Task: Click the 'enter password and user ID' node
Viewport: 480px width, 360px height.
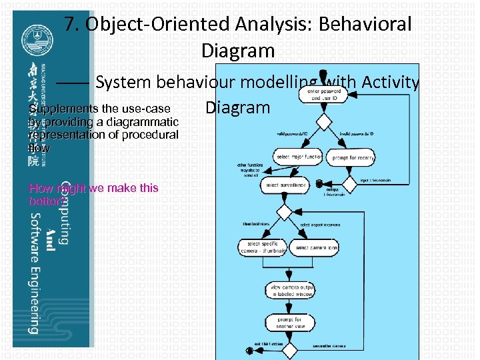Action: pyautogui.click(x=323, y=94)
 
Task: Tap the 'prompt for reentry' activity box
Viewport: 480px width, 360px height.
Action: pyautogui.click(x=351, y=157)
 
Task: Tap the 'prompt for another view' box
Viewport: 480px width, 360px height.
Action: pyautogui.click(x=289, y=323)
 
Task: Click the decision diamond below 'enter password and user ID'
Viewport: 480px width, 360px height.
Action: pyautogui.click(x=323, y=123)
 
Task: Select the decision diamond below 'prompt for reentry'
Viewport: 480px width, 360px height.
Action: pyautogui.click(x=351, y=182)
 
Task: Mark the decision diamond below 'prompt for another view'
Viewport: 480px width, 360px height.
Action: pyautogui.click(x=289, y=348)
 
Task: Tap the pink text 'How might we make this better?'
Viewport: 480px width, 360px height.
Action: pyautogui.click(x=94, y=194)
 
